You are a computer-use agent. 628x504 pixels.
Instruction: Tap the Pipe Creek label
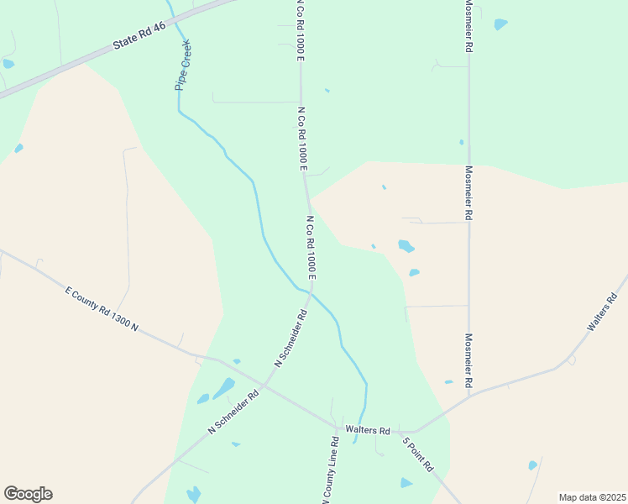tap(183, 65)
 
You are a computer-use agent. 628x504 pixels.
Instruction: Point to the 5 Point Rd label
tap(417, 454)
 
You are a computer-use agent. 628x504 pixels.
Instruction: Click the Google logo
tap(28, 494)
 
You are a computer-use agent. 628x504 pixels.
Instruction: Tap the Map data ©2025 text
tap(592, 497)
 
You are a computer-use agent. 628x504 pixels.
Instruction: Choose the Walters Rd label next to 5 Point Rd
tap(373, 431)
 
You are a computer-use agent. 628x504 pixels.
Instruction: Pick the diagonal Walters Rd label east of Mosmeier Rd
tap(602, 312)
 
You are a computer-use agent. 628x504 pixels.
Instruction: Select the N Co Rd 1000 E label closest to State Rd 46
tap(298, 29)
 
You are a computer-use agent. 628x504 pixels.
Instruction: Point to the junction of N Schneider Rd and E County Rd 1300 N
tap(264, 386)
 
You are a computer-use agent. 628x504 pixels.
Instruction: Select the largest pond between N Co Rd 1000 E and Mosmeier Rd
tap(406, 246)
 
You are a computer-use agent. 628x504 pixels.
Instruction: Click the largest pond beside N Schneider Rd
tap(224, 388)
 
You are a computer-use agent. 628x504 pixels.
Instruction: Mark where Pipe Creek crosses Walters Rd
tap(358, 430)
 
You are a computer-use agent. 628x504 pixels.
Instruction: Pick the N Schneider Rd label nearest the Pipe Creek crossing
tap(291, 339)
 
